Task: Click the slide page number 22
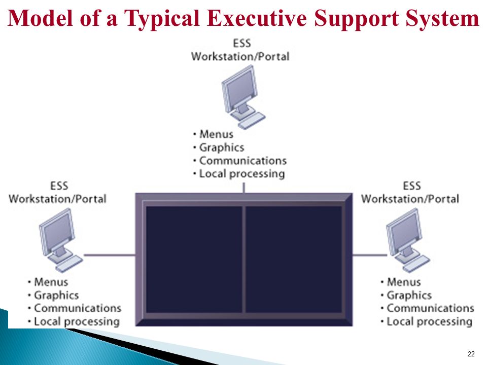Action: tap(471, 354)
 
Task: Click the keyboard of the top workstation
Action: tap(252, 121)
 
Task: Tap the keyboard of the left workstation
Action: tap(69, 264)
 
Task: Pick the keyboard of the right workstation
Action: tap(416, 264)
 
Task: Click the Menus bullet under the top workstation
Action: tap(216, 134)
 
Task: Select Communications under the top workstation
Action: tap(243, 161)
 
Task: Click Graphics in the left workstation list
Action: tap(56, 296)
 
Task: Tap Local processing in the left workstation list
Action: tap(77, 322)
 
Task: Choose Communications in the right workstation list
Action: tap(431, 308)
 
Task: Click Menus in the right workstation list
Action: tap(404, 282)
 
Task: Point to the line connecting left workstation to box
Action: tap(110, 255)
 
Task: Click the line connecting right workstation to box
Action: tap(370, 255)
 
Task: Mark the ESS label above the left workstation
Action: tap(59, 186)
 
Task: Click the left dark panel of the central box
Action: tap(194, 260)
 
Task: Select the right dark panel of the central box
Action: tap(294, 260)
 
